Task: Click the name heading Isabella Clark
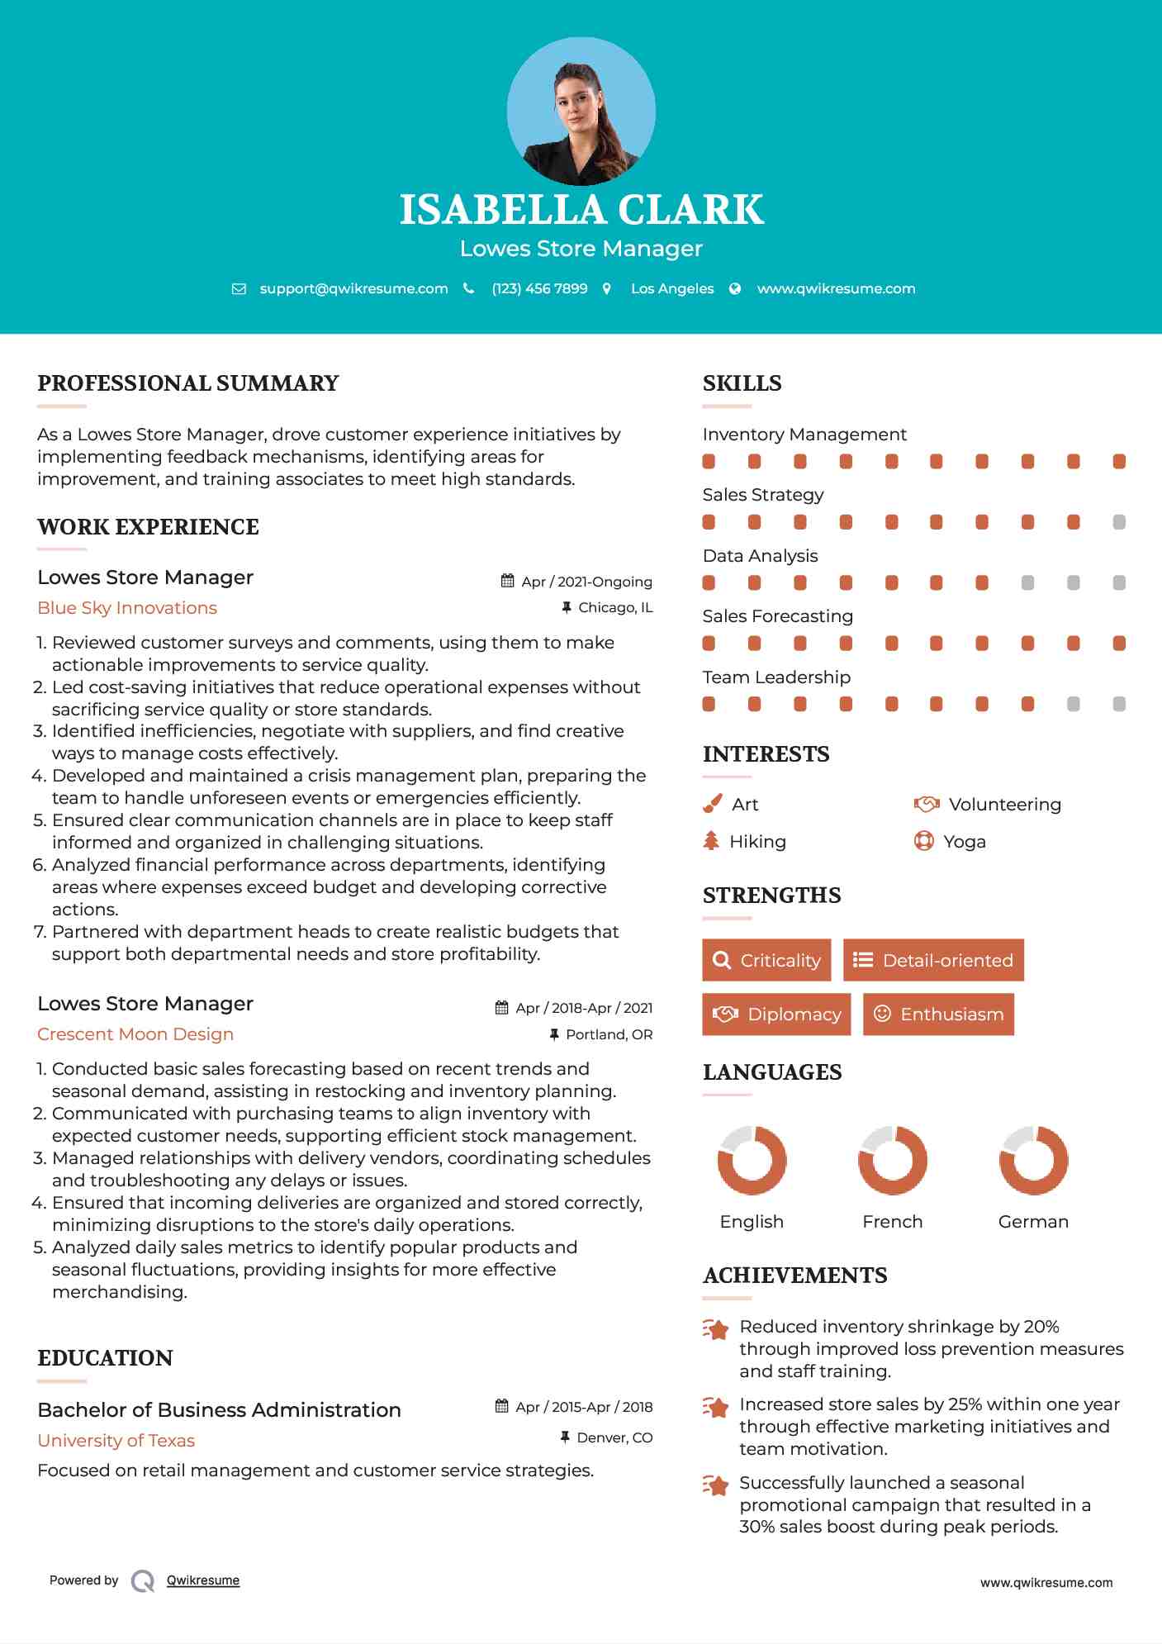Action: point(581,210)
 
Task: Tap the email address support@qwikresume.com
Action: point(353,288)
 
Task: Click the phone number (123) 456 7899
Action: point(539,288)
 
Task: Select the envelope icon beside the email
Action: point(239,289)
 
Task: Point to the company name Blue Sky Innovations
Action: point(127,608)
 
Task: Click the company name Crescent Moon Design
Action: point(135,1034)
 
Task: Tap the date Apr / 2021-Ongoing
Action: point(586,582)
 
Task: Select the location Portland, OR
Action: point(609,1034)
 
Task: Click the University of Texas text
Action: point(116,1441)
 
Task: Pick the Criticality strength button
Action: point(766,960)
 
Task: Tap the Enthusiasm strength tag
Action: point(938,1014)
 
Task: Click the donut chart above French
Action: point(892,1160)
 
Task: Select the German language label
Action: point(1033,1222)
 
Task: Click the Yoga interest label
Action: point(965,842)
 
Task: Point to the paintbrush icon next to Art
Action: point(712,804)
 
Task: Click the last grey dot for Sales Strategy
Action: point(1119,522)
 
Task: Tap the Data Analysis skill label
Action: point(760,556)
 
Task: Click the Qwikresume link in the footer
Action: point(203,1580)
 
